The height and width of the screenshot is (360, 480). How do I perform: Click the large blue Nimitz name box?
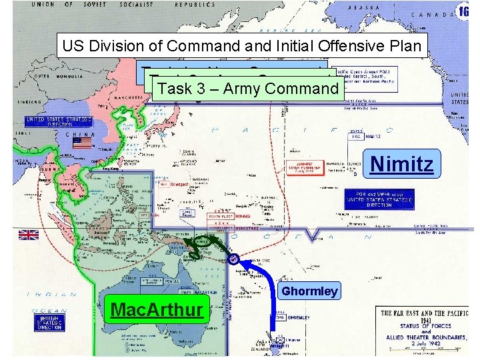[401, 163]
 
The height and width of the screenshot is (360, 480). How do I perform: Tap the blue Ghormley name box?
[309, 291]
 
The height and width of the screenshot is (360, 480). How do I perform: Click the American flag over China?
[82, 143]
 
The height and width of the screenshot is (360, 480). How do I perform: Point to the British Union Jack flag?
[29, 234]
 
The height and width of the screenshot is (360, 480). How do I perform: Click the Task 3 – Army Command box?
[248, 89]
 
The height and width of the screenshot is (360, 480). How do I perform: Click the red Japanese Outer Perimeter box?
[304, 167]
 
